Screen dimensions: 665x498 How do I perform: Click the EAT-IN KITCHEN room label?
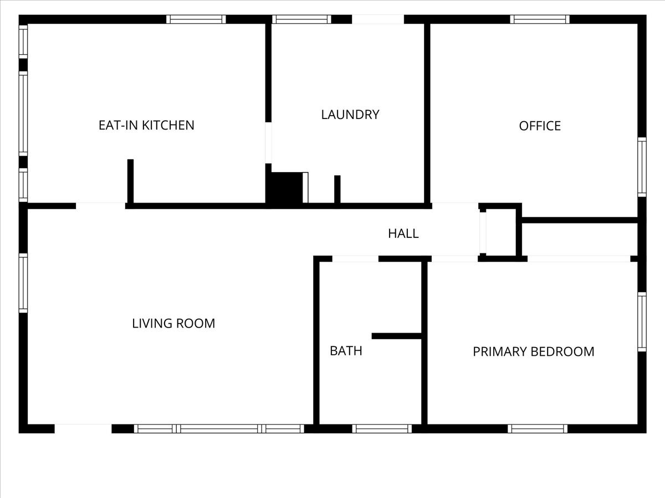click(x=146, y=125)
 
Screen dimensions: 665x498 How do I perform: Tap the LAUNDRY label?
click(x=350, y=115)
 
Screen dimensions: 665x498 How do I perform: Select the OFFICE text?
click(x=540, y=126)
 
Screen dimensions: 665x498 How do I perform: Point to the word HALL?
click(x=403, y=234)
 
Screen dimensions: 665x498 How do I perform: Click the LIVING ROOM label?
click(x=173, y=323)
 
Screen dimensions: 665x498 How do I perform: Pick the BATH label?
click(x=346, y=351)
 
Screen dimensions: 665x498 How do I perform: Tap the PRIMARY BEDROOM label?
click(x=534, y=352)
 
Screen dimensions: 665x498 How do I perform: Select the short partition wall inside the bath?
click(x=397, y=336)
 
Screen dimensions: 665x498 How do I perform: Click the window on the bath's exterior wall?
click(x=382, y=429)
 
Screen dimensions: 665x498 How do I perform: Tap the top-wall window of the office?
click(x=540, y=19)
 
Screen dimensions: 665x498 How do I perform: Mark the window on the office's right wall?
click(x=642, y=167)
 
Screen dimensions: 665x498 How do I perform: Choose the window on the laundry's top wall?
click(x=302, y=19)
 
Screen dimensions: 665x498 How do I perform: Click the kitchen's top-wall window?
click(x=196, y=19)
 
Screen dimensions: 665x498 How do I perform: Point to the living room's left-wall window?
click(x=23, y=283)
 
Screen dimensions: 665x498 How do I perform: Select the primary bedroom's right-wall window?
click(x=642, y=321)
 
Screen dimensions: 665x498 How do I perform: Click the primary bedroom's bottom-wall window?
click(x=538, y=429)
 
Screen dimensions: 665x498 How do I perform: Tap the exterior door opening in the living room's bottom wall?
click(x=83, y=429)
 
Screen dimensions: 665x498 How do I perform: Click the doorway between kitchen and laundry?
click(x=268, y=143)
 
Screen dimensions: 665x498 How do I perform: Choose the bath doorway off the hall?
click(x=355, y=259)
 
